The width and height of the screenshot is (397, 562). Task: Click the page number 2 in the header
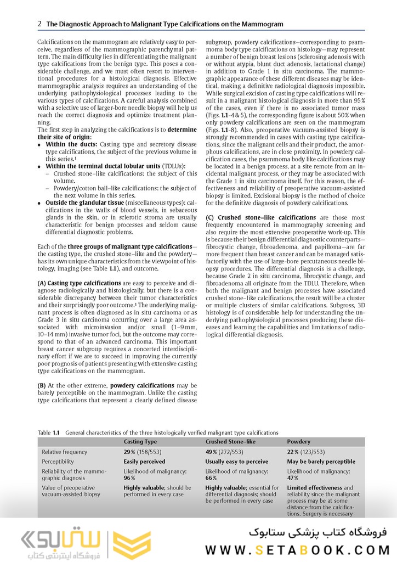(x=39, y=24)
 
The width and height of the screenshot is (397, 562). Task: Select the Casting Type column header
(x=140, y=441)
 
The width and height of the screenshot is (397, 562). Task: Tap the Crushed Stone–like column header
(x=230, y=441)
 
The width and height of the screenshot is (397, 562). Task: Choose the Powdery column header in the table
(x=299, y=441)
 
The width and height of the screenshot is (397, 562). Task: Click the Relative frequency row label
(x=64, y=452)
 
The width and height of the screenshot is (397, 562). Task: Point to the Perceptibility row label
(x=58, y=462)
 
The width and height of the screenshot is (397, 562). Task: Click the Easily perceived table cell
(x=145, y=462)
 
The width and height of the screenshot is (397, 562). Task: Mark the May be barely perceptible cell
(x=321, y=462)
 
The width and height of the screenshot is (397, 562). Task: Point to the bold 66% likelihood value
(x=211, y=478)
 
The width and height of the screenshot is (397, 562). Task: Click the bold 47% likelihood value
(x=293, y=478)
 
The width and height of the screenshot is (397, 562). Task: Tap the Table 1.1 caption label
(x=48, y=432)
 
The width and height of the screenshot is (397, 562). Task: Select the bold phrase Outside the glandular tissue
(x=83, y=203)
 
